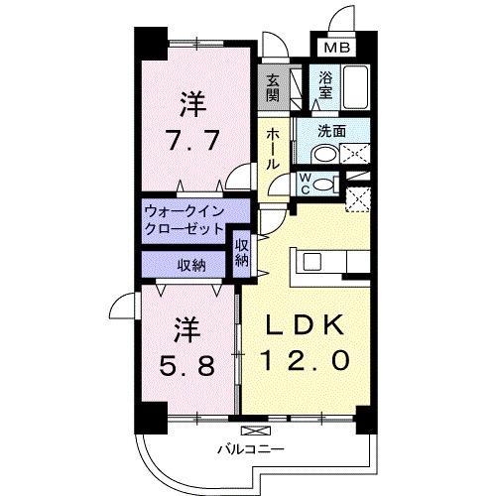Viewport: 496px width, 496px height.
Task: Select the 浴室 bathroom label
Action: [x=326, y=86]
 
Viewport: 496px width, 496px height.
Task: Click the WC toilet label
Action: [x=307, y=183]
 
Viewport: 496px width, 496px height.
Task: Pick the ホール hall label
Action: [x=272, y=149]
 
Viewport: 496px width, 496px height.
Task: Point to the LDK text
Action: [x=304, y=323]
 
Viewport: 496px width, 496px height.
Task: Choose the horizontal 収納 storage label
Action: [x=191, y=265]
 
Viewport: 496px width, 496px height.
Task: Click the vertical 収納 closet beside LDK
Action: [x=242, y=252]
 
